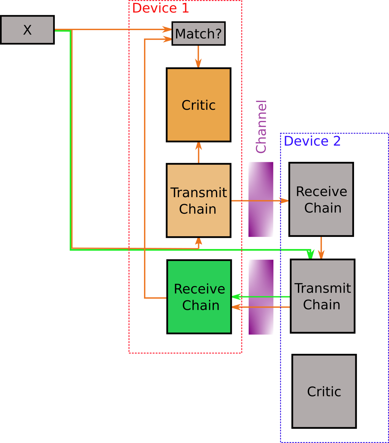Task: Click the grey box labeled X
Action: pyautogui.click(x=27, y=30)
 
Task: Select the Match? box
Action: pyautogui.click(x=198, y=34)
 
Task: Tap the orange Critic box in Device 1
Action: pyautogui.click(x=198, y=105)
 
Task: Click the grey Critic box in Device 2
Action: pyautogui.click(x=324, y=391)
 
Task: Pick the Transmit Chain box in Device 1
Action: pyautogui.click(x=198, y=201)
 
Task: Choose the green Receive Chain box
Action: pyautogui.click(x=199, y=297)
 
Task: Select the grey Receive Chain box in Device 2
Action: pyautogui.click(x=321, y=199)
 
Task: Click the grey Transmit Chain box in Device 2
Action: pyautogui.click(x=322, y=296)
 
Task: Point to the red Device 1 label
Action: pyautogui.click(x=160, y=8)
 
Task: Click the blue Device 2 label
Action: pyautogui.click(x=312, y=141)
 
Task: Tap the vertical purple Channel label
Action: pyautogui.click(x=261, y=127)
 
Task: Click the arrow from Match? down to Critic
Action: pyautogui.click(x=198, y=56)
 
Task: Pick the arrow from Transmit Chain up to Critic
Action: pyautogui.click(x=198, y=152)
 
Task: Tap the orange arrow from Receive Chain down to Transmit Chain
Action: pyautogui.click(x=321, y=248)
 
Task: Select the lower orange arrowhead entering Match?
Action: pyautogui.click(x=168, y=39)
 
